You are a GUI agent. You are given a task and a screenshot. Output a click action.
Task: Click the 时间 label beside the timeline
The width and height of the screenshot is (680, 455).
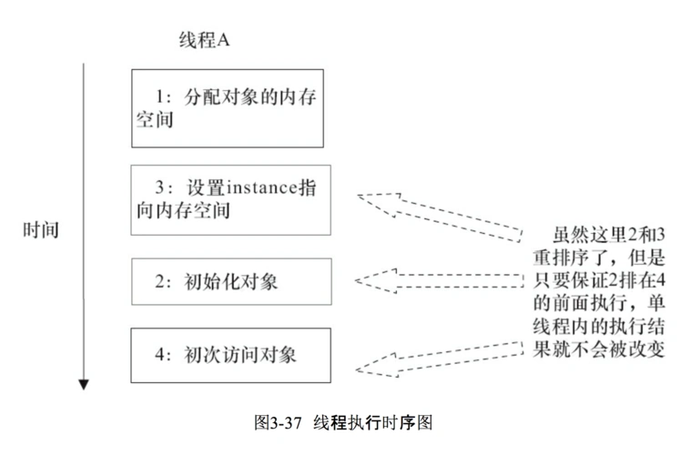[41, 228]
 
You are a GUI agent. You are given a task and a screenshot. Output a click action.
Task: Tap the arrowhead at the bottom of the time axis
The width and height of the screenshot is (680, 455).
[84, 383]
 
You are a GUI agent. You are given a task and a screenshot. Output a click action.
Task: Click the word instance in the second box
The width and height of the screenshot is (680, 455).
[258, 187]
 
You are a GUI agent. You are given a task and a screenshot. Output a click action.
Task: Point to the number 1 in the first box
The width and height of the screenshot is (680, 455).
[159, 95]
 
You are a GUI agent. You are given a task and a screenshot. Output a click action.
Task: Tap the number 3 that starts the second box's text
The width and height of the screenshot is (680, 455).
[159, 187]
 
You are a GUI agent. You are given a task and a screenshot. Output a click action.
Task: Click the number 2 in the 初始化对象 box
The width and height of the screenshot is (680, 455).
[159, 282]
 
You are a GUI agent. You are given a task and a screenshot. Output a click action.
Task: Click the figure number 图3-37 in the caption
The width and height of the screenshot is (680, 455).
[279, 423]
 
